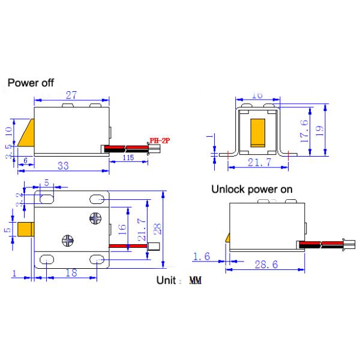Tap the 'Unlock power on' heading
click(x=251, y=189)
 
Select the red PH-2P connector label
click(x=160, y=140)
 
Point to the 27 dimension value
click(x=72, y=95)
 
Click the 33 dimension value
click(x=62, y=166)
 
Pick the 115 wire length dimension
click(x=127, y=157)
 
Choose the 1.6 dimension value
click(x=201, y=257)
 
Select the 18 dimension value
click(x=70, y=273)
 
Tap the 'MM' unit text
click(x=195, y=280)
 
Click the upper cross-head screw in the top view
click(x=95, y=218)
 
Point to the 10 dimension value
click(x=7, y=130)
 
